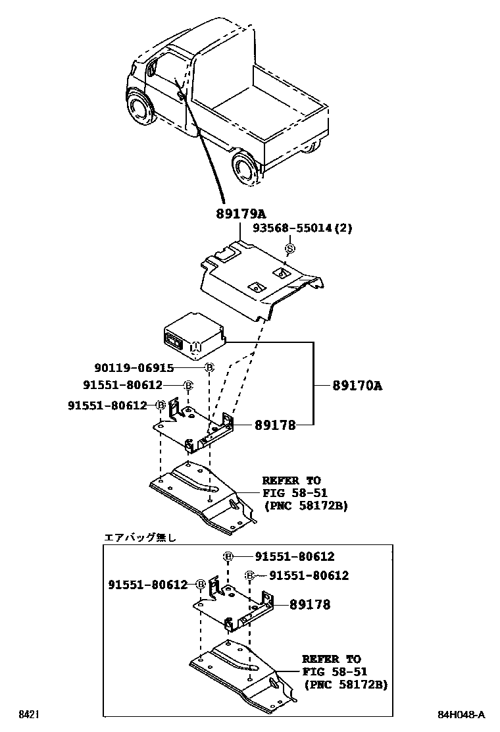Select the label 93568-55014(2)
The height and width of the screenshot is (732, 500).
tap(303, 229)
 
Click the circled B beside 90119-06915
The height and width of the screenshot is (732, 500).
tap(209, 368)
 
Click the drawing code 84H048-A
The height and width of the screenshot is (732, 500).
tap(462, 714)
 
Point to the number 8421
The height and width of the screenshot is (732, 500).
tap(27, 714)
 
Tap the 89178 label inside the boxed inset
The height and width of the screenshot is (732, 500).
tap(306, 604)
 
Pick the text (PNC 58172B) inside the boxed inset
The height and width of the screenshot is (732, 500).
tap(345, 685)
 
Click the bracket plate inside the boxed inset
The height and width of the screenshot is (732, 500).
tap(234, 606)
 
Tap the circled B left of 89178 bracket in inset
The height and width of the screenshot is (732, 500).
tap(200, 584)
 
